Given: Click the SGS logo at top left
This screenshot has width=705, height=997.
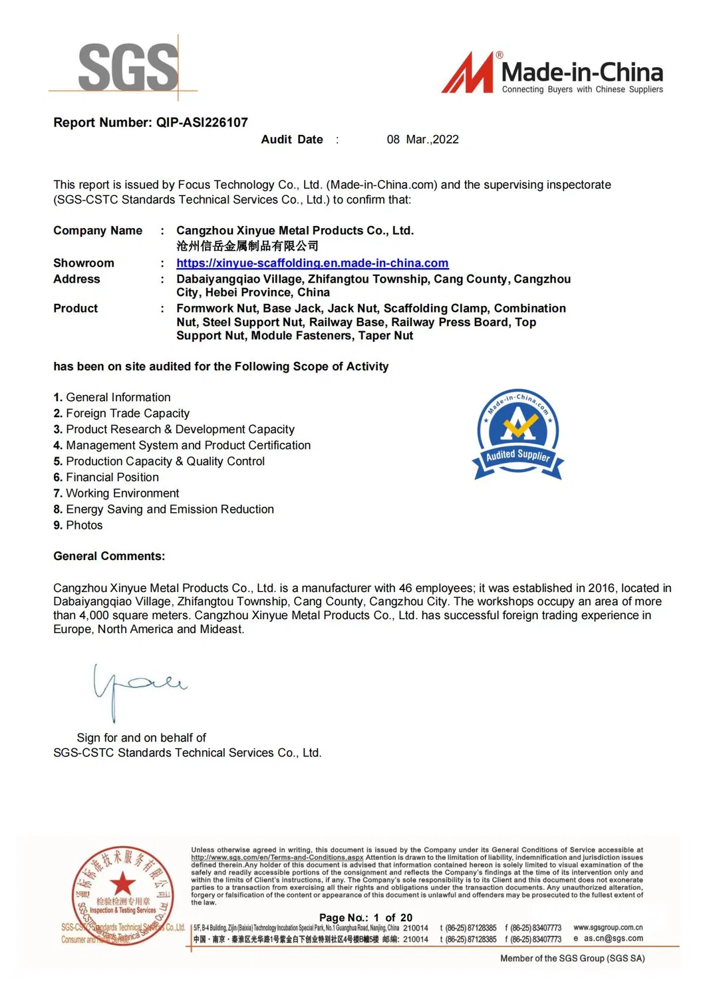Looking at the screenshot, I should point(128,67).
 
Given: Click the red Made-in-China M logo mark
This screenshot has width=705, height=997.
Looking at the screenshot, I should point(468,72).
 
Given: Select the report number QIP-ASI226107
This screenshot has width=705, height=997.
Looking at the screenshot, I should point(202,122).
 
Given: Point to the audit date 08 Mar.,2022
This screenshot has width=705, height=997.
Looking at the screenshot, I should point(422,140).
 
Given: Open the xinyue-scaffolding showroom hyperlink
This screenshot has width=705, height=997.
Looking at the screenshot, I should point(312,263).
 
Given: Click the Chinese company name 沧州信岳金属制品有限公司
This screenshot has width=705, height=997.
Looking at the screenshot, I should point(247,246).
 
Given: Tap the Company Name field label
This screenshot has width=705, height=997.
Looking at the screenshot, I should point(98,231).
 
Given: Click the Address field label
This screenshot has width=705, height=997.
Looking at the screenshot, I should point(76,279).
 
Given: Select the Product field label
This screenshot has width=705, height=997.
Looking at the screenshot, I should point(75,309).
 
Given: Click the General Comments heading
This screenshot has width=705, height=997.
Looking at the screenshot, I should point(109,556).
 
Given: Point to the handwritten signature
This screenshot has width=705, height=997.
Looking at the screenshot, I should point(136,688).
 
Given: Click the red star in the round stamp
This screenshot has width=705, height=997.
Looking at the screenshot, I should point(122,884).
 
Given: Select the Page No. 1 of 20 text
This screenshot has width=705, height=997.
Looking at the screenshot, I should point(365,917).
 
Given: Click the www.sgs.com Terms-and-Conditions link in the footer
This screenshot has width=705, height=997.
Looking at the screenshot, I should point(277,857).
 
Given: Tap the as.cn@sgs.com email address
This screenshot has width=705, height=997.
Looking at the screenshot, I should point(613,938).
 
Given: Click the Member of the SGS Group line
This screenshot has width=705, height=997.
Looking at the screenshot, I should point(572,958).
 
